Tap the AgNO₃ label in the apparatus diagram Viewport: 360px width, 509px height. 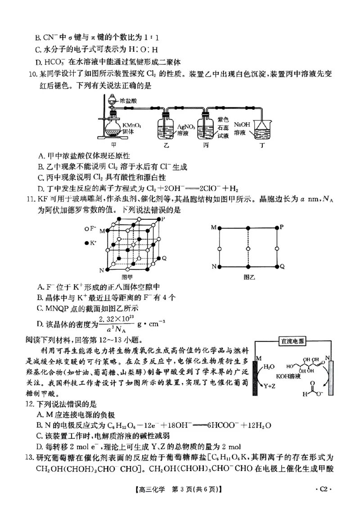click(x=186, y=127)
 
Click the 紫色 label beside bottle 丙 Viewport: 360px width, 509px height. click(x=223, y=120)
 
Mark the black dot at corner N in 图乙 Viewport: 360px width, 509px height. click(x=219, y=267)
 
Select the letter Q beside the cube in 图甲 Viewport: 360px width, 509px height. click(x=164, y=258)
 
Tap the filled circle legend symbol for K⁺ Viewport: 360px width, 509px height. click(x=86, y=243)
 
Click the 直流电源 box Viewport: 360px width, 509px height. click(x=292, y=341)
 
